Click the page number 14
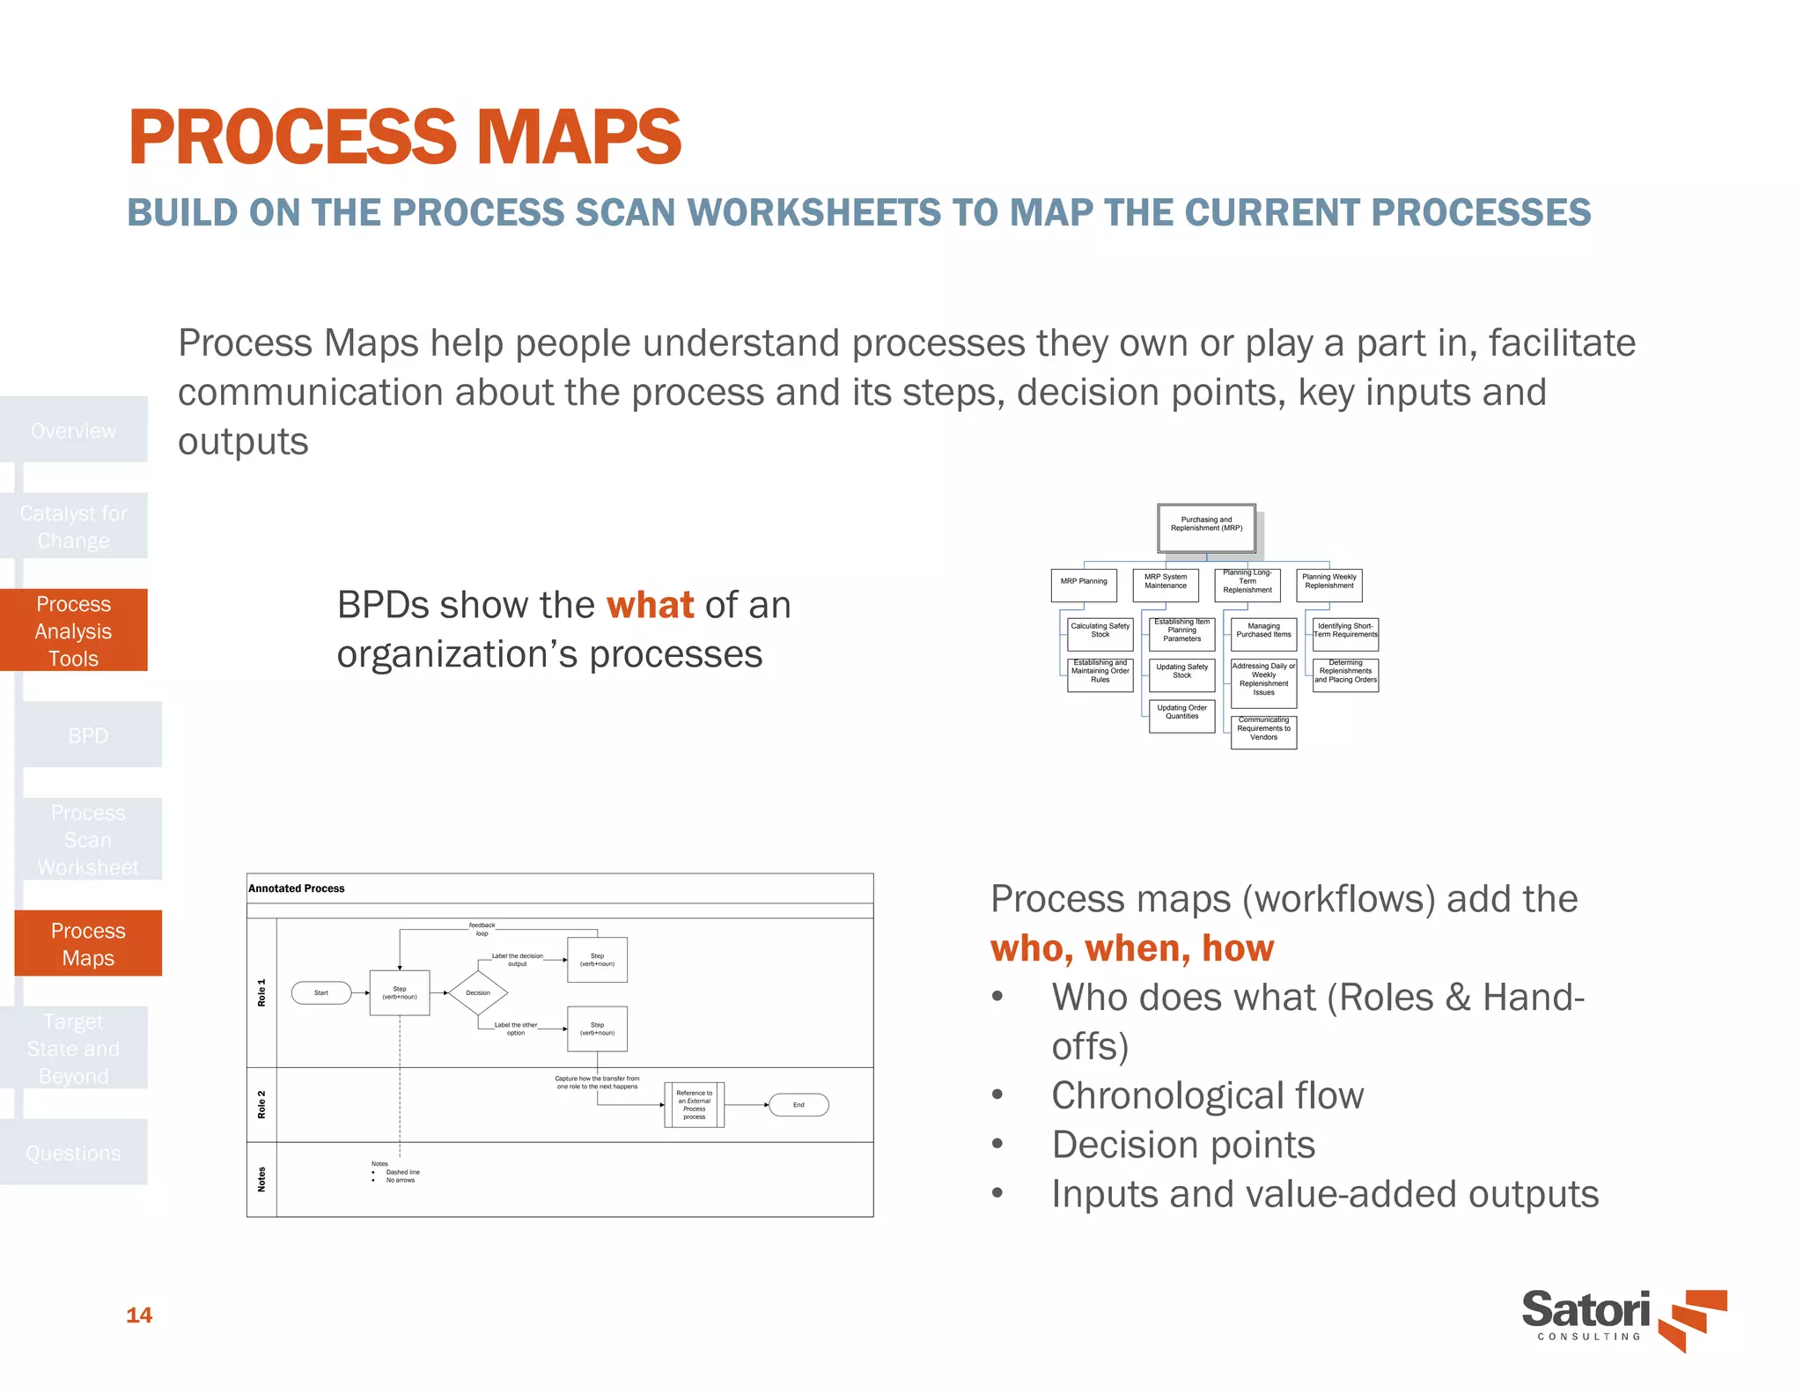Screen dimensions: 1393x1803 (x=139, y=1315)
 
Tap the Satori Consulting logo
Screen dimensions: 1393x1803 (x=1623, y=1318)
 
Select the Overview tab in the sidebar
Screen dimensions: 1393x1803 (x=74, y=431)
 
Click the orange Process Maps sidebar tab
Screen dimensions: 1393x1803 (x=88, y=944)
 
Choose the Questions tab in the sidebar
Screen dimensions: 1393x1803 (x=74, y=1153)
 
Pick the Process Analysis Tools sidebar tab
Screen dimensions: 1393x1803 (x=74, y=630)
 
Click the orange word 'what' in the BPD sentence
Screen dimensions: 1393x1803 (x=650, y=606)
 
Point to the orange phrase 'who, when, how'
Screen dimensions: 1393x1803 (x=1132, y=948)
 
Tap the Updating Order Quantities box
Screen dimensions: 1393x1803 (x=1181, y=715)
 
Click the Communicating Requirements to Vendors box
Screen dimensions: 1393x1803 (x=1263, y=732)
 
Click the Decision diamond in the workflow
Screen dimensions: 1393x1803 (x=478, y=992)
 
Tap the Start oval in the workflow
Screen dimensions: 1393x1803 (x=321, y=992)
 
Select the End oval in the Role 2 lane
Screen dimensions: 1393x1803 (x=798, y=1104)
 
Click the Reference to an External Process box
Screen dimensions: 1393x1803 (x=694, y=1104)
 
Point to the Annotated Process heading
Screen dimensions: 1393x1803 (x=297, y=888)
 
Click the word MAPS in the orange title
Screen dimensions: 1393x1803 (x=578, y=137)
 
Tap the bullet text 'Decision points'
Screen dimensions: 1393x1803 (x=1182, y=1145)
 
